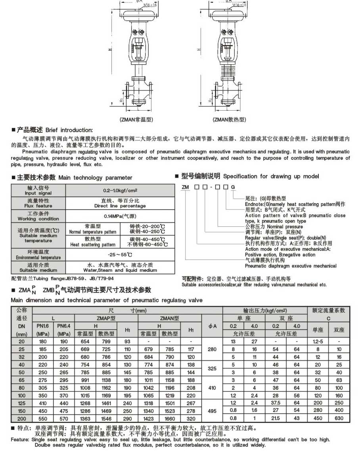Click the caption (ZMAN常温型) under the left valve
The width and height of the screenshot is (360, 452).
136,119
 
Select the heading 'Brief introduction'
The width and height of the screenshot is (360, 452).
69,130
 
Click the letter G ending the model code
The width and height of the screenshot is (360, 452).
233,187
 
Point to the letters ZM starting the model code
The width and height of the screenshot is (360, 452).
185,187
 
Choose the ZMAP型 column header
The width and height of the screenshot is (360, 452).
107,318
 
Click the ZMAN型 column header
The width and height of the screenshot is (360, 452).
170,318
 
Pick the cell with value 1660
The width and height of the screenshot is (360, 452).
170,418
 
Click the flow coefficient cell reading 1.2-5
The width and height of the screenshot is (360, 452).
318,341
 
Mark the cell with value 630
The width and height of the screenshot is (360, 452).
339,418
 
